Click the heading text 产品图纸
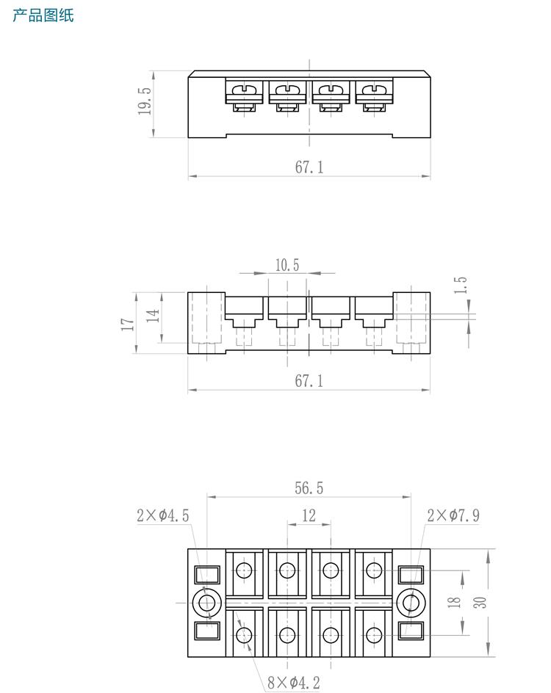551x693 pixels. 43,15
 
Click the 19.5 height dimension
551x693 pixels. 144,102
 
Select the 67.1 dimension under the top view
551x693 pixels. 309,167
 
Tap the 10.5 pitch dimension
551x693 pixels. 287,265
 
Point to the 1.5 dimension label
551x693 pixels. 461,286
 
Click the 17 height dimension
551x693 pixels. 127,323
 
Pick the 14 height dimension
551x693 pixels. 152,316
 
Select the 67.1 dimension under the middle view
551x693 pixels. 309,380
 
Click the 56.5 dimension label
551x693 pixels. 309,488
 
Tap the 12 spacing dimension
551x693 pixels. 309,515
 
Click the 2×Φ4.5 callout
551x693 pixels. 162,515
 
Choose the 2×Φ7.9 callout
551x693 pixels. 453,515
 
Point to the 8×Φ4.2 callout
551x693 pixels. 294,683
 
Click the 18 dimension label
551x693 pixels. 455,603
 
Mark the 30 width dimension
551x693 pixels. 479,603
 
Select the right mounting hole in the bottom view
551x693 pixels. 411,603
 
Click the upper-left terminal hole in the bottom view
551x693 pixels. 245,570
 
